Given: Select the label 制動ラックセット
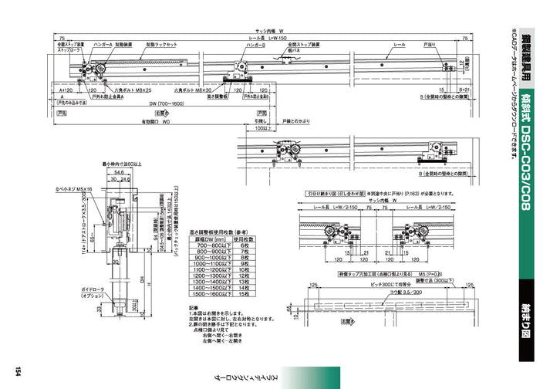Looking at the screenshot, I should pos(164,46).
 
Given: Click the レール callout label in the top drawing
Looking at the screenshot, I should pos(399,46).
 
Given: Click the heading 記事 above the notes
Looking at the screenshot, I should pos(194,307).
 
